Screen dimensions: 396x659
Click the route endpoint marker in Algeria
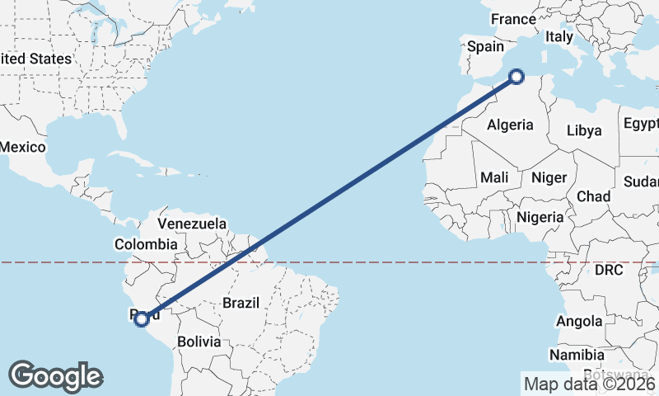coord(516,77)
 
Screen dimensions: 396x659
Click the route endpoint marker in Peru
coord(142,318)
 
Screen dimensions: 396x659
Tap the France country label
coord(513,19)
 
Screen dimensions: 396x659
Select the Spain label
coord(485,47)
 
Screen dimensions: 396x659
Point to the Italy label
coord(559,37)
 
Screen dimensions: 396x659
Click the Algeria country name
coord(510,125)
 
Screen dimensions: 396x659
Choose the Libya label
coord(584,130)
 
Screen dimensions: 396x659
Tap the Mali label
coord(494,177)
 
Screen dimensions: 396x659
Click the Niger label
coord(549,177)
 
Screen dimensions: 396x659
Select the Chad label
coord(593,197)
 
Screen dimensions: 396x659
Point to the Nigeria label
coord(540,217)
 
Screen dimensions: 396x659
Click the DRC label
coord(609,270)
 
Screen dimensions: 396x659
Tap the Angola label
coord(579,321)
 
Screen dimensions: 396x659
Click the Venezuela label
coord(192,224)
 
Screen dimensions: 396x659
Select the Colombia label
coord(146,244)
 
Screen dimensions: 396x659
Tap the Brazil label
coord(241,303)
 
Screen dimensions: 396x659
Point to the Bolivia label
coord(199,341)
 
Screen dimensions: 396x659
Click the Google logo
coord(56,375)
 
